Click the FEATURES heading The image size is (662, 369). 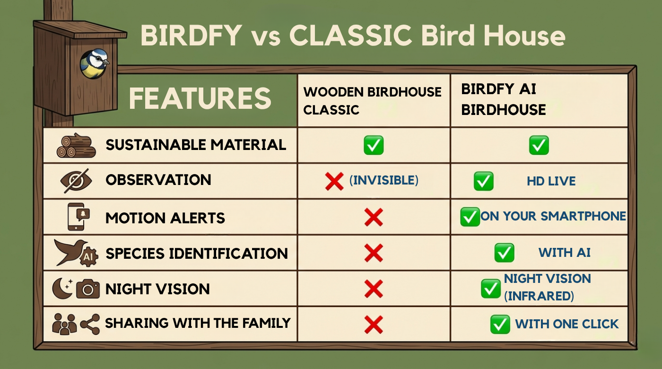click(200, 98)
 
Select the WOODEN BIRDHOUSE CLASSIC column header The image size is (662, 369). click(372, 101)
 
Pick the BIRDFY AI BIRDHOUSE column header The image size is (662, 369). click(503, 100)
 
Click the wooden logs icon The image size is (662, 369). click(76, 145)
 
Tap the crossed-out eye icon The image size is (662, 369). click(76, 181)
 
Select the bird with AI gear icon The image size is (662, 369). click(76, 253)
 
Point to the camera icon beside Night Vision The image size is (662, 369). click(88, 288)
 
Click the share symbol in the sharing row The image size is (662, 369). click(90, 324)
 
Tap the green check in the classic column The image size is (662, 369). click(374, 145)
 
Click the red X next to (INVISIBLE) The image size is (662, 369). click(334, 181)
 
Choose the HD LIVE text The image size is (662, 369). click(551, 181)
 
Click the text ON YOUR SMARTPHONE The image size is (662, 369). click(553, 216)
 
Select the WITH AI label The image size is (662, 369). click(564, 253)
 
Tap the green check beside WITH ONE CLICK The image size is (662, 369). click(500, 325)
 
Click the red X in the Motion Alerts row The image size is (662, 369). click(374, 218)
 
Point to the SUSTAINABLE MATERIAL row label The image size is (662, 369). click(196, 145)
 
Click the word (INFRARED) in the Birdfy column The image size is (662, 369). click(539, 296)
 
